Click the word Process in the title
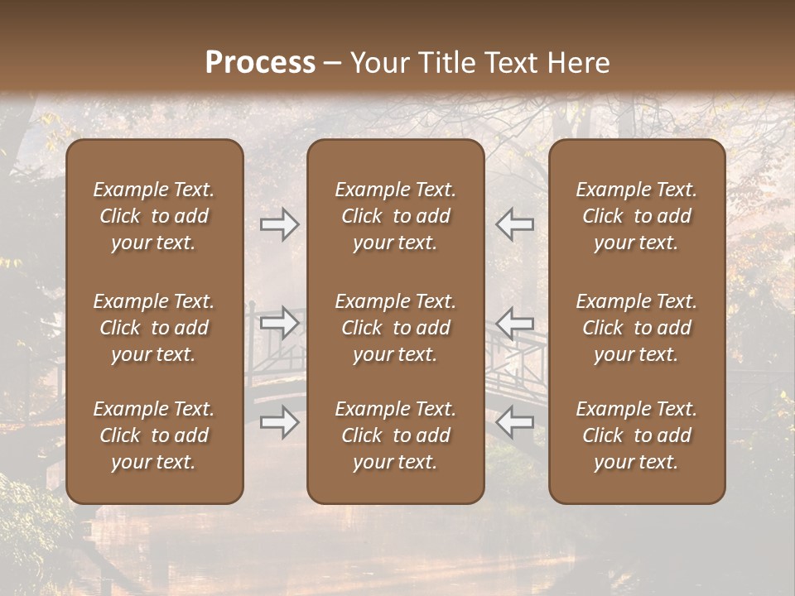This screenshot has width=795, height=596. click(260, 63)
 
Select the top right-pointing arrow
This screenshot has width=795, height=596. click(280, 224)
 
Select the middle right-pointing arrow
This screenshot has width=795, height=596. click(280, 322)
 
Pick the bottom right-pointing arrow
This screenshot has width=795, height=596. click(280, 423)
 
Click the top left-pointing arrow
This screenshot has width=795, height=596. click(514, 224)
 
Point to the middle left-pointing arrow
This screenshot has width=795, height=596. click(514, 322)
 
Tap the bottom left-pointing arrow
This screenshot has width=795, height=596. click(514, 423)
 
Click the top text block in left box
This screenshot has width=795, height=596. click(154, 216)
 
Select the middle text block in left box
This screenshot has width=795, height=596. click(154, 328)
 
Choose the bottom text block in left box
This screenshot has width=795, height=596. click(154, 435)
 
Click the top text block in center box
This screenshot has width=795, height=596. click(395, 216)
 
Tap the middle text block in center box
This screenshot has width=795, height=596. click(395, 328)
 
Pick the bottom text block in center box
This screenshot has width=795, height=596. click(395, 435)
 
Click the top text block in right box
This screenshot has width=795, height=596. click(636, 216)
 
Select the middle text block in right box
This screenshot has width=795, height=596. click(636, 328)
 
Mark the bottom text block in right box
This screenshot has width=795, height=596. click(636, 435)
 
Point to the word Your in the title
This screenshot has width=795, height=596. click(377, 63)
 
